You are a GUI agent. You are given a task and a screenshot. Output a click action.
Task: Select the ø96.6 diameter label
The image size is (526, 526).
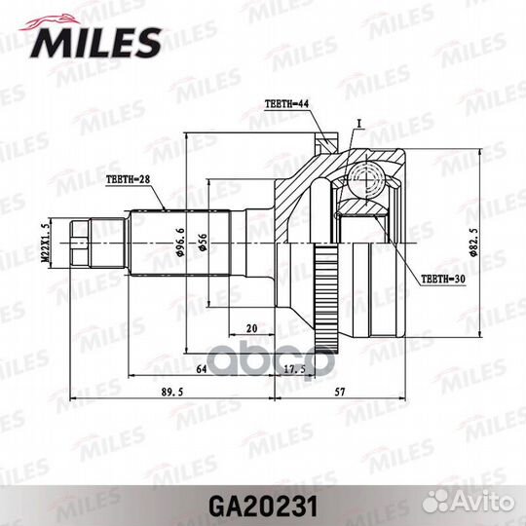181,240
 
